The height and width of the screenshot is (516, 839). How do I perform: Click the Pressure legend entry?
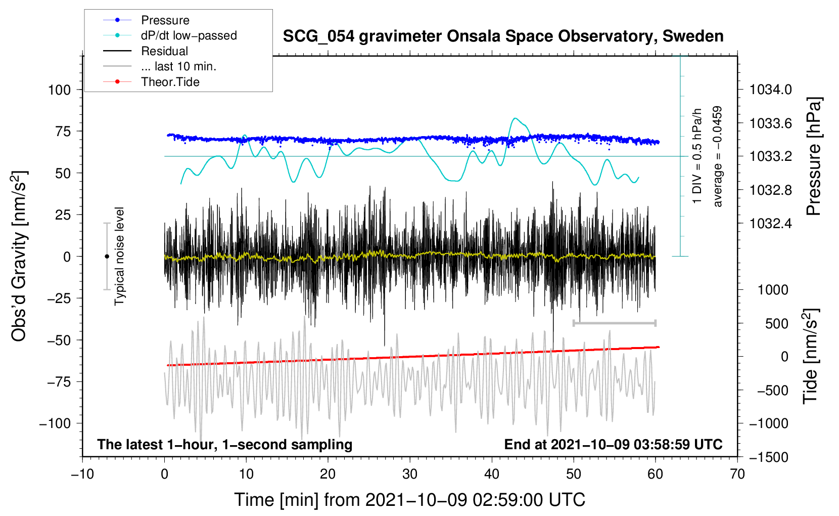[x=165, y=20]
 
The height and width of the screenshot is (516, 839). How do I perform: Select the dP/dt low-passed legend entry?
[x=189, y=35]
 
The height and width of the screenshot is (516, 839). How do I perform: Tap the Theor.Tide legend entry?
[x=170, y=82]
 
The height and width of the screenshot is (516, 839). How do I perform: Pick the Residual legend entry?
[x=164, y=51]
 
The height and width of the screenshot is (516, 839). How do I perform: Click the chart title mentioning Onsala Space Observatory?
[x=503, y=36]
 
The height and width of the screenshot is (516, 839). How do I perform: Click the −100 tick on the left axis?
[x=55, y=423]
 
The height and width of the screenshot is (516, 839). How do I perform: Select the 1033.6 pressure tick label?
[x=771, y=123]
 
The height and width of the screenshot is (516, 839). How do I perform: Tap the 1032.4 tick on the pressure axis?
[x=771, y=223]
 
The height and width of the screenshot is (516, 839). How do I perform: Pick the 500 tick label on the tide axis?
[x=776, y=324]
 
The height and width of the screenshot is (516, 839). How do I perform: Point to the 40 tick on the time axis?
[x=492, y=474]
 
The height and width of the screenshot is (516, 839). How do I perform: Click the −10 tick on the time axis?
[x=82, y=474]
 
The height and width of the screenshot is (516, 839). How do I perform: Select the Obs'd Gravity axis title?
[x=19, y=256]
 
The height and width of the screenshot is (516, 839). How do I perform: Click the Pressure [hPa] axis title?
[x=813, y=156]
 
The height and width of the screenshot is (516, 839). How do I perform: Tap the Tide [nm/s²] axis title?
[x=810, y=356]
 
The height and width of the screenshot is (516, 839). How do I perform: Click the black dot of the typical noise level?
[x=107, y=256]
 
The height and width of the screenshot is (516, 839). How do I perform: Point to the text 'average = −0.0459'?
[x=718, y=156]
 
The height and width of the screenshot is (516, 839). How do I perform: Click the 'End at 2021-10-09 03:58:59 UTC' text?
[x=613, y=444]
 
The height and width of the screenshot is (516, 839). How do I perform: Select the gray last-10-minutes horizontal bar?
[x=614, y=323]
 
